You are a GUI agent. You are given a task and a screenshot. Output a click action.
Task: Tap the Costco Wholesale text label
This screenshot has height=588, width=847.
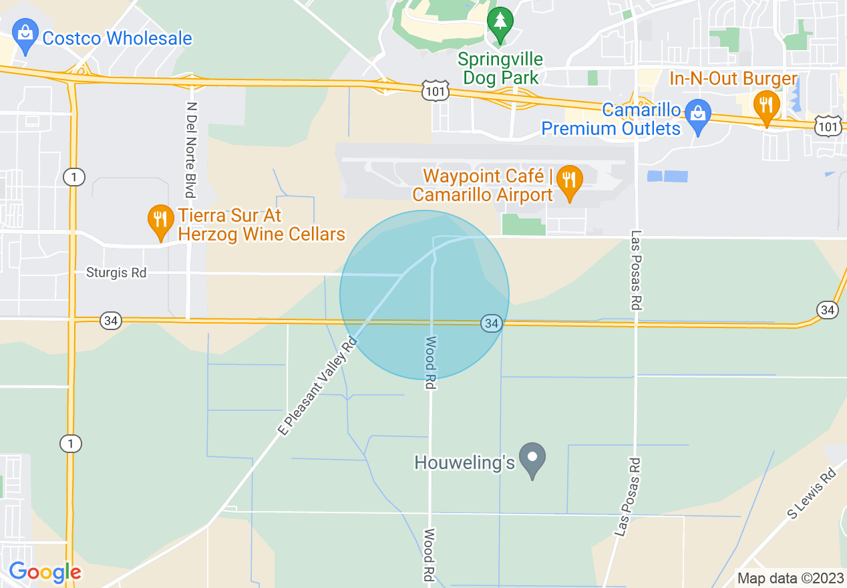coord(117,38)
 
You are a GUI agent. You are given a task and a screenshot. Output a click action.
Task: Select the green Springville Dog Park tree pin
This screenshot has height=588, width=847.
coord(499,23)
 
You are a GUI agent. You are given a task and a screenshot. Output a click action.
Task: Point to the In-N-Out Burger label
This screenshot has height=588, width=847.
coord(733,79)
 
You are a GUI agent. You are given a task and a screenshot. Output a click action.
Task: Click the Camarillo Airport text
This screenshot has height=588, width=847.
coord(482,195)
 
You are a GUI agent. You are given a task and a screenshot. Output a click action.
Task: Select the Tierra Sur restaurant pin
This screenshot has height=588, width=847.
coord(160,221)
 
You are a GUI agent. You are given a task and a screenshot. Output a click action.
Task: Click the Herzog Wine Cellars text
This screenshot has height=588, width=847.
coord(261,234)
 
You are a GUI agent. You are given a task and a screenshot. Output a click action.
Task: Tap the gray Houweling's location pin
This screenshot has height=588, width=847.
coord(532,459)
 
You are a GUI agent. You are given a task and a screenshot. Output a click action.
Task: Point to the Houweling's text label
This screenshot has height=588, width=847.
coord(465,462)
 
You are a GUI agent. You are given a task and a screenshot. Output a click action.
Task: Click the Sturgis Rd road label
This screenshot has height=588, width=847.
coord(116,273)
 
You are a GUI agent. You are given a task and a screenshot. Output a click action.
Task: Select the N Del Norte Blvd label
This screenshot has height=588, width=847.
coord(192,150)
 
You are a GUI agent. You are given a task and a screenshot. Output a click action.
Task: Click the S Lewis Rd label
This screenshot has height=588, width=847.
coord(811,494)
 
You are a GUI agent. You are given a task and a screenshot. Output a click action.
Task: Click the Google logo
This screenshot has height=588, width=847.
coord(45,572)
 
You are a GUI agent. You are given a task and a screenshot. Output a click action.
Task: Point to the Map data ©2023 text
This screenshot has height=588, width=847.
coord(788,578)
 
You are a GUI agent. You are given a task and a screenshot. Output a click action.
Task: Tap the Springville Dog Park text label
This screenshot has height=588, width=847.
coord(500,68)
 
